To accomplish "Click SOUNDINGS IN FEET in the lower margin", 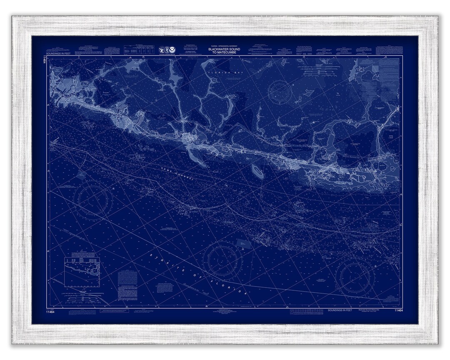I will pos(340,310).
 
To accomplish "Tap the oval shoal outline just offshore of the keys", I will pos(257,171).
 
